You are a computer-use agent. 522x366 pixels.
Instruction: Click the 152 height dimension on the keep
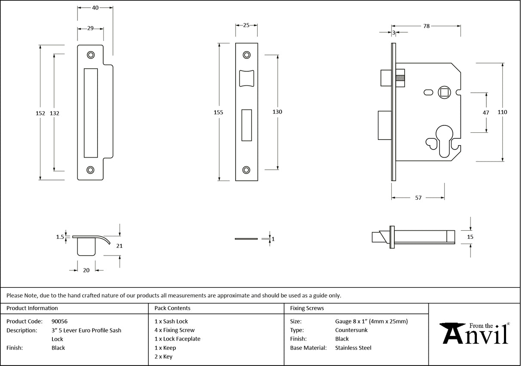pos(40,113)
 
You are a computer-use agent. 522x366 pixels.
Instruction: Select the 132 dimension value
pos(55,113)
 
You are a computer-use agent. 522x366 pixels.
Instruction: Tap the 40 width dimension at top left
pos(95,8)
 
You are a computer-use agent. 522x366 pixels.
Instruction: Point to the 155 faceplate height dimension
pos(218,112)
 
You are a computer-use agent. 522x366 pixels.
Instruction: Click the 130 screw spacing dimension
pos(277,112)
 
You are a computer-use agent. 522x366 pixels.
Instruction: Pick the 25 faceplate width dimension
pos(246,25)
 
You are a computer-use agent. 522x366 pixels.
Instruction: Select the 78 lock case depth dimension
pos(426,26)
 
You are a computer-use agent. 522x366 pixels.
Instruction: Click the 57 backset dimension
pos(418,198)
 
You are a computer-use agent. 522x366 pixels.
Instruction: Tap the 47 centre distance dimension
pos(486,113)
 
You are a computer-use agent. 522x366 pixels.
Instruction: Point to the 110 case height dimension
pos(502,112)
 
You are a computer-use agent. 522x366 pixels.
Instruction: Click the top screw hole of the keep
pos(90,55)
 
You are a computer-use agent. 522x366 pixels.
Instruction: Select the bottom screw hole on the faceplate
pos(246,170)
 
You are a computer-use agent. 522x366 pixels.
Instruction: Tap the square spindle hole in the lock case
pos(443,91)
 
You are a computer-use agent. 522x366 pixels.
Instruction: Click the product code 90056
pos(59,321)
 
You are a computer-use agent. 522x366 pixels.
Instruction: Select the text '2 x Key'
pos(163,357)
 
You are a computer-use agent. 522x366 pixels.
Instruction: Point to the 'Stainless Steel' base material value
pos(353,348)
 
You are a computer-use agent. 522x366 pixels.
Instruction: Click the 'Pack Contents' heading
pos(172,308)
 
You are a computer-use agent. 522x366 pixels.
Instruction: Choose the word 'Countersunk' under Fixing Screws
pos(351,330)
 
